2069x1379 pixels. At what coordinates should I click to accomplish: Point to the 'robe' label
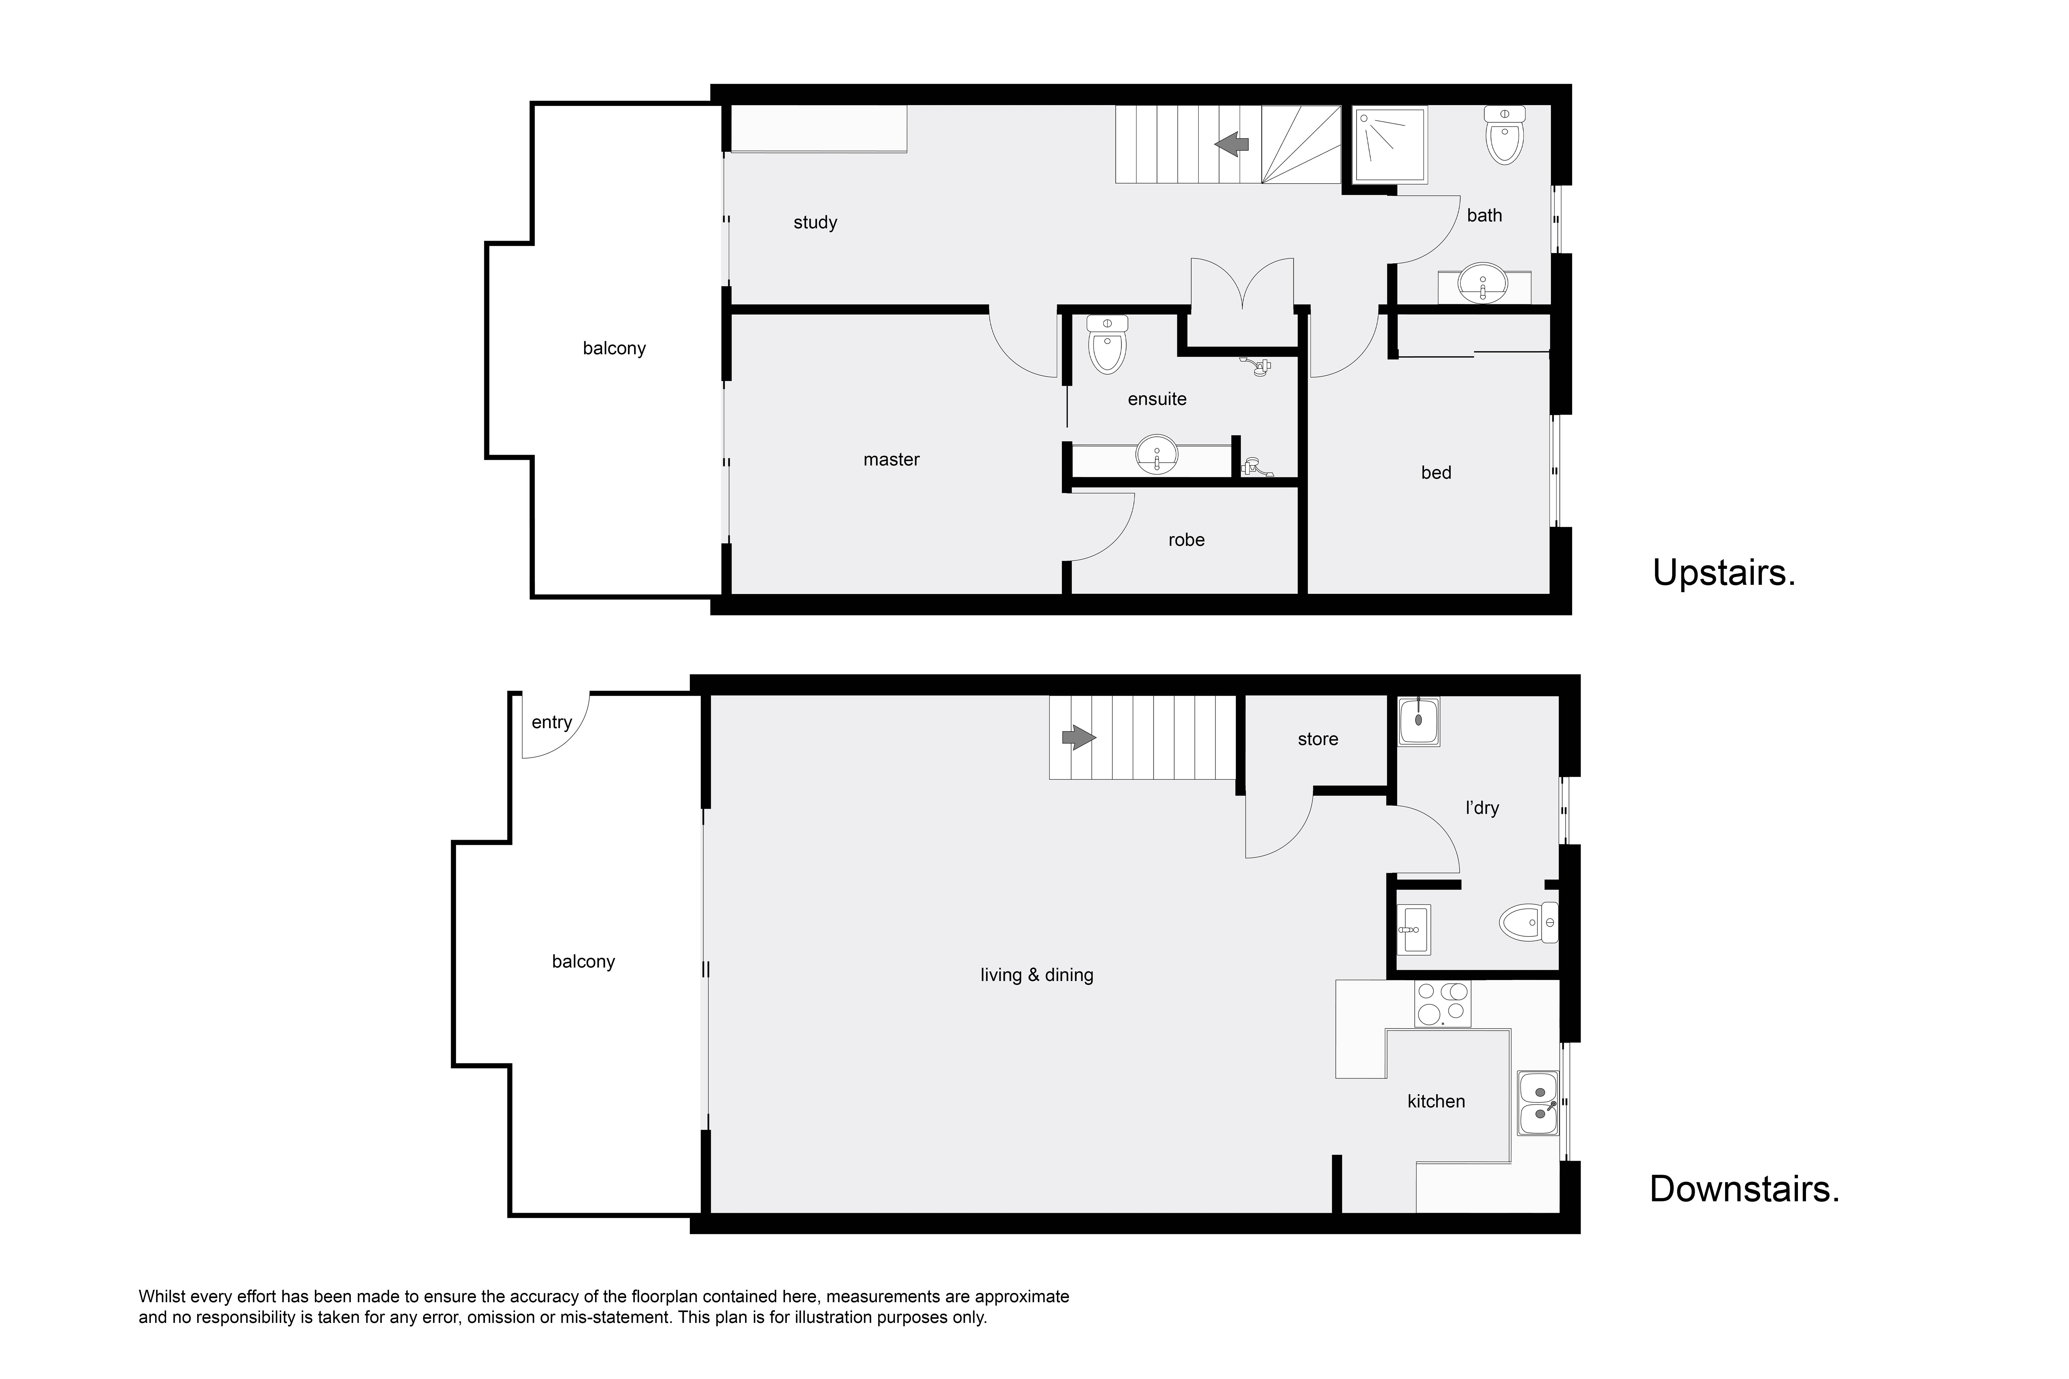pos(1186,540)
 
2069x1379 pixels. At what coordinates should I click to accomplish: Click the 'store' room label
pos(1318,740)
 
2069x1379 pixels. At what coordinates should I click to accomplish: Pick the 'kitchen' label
pos(1436,1101)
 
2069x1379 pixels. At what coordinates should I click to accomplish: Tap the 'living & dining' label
pos(1036,974)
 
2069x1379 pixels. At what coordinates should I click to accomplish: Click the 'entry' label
pos(552,722)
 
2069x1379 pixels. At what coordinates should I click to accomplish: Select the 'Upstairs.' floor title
pos(1723,572)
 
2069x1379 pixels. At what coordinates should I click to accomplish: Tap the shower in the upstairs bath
pos(1390,145)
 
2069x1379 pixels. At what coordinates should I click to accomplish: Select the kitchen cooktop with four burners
pos(1442,1004)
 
